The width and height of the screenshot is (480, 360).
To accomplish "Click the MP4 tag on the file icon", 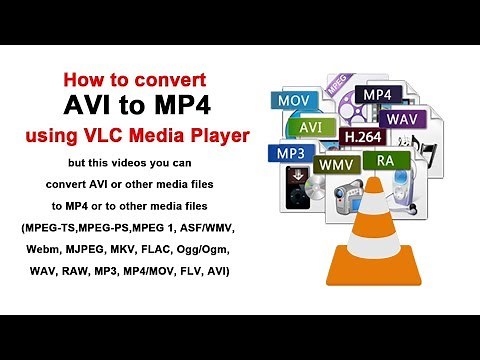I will click(x=378, y=95).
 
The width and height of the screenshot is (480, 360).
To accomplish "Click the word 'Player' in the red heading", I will click(x=221, y=130).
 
